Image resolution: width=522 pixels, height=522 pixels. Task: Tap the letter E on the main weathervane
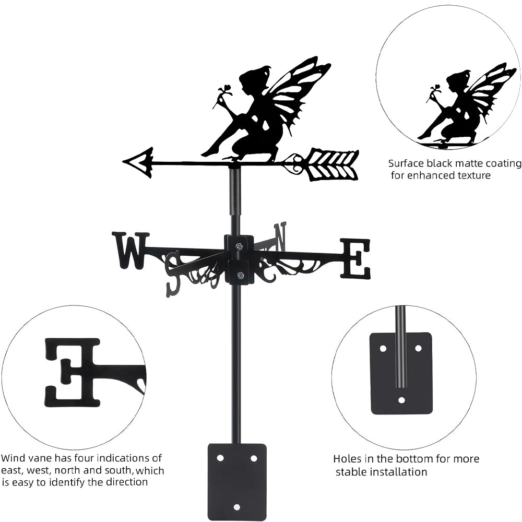(355, 258)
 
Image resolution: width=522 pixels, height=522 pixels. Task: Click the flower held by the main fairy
(226, 90)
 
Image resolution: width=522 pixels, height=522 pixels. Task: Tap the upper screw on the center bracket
(239, 246)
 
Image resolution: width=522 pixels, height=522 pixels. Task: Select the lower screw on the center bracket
(240, 275)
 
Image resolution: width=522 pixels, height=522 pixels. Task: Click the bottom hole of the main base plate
(237, 507)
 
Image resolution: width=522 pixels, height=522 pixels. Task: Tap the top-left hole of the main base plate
(220, 458)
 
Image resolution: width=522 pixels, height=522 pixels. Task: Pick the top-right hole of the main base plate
(254, 458)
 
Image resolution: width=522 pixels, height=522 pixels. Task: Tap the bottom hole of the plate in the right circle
(401, 400)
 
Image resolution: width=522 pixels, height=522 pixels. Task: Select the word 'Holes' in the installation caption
(348, 459)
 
